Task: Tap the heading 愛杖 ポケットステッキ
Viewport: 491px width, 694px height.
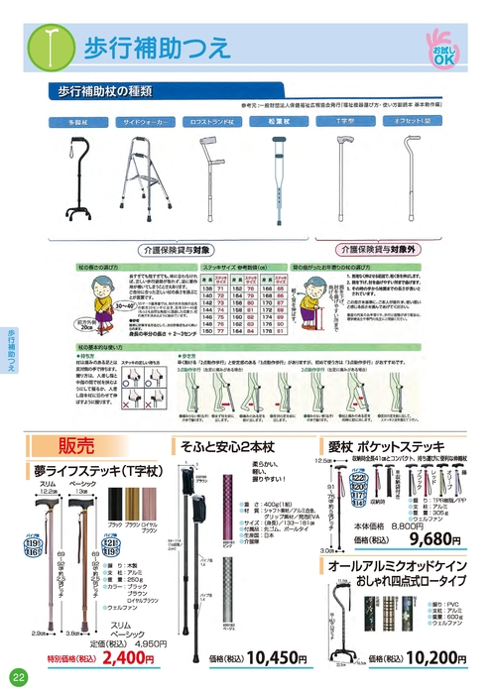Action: [403, 447]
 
